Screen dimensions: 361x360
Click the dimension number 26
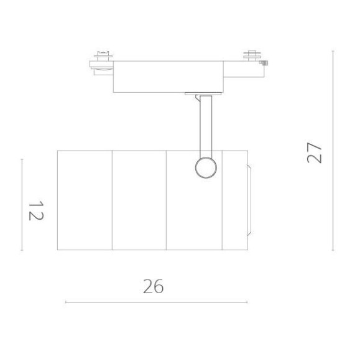click(153, 286)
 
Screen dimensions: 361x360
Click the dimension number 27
click(315, 153)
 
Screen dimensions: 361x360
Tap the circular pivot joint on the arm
click(205, 167)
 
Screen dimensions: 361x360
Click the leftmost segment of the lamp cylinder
click(85, 200)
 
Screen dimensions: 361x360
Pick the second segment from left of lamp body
click(139, 200)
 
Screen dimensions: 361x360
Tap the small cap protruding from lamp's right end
click(250, 200)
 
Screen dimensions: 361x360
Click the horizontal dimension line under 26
click(156, 302)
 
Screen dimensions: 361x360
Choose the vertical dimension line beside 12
click(22, 205)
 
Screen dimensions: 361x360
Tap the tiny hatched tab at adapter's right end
click(264, 63)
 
